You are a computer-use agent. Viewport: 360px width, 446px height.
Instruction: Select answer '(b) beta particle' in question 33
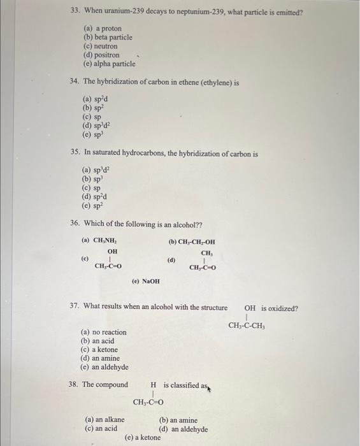(108, 38)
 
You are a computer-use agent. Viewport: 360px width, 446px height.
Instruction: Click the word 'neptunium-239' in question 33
(191, 11)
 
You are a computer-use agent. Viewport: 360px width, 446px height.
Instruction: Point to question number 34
(74, 82)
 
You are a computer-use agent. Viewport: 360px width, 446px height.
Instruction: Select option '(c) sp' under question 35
(91, 190)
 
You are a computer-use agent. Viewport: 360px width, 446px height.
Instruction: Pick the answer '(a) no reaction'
(103, 332)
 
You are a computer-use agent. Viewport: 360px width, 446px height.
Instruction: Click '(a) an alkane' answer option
(104, 421)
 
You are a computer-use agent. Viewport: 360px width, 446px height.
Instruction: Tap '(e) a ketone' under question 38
(143, 438)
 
